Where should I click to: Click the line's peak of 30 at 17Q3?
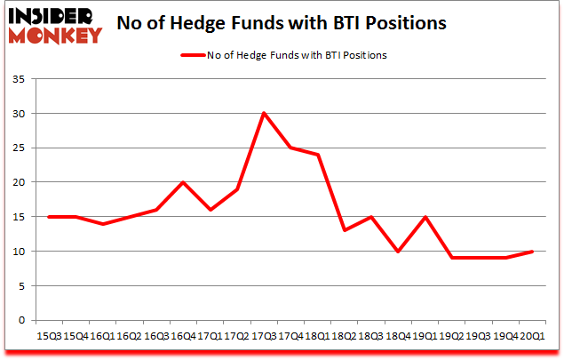click(x=264, y=113)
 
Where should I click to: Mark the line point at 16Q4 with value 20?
click(x=183, y=182)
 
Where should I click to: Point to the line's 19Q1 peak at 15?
click(x=425, y=217)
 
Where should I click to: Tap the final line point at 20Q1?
click(x=533, y=251)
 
